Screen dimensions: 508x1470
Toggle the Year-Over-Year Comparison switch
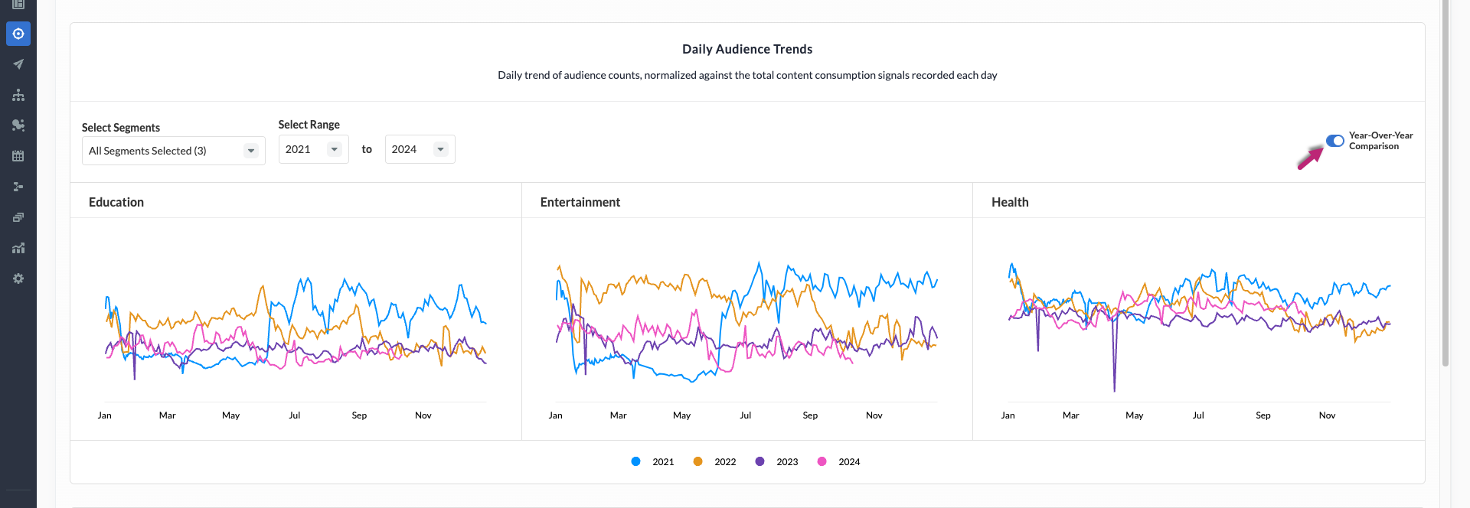(1334, 141)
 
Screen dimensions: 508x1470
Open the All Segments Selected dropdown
(173, 151)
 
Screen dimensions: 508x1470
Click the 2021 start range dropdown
(313, 149)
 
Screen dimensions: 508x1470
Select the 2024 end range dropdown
(420, 149)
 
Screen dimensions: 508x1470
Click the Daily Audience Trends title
(747, 49)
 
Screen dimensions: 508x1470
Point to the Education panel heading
(116, 202)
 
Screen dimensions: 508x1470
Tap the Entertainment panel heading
(580, 202)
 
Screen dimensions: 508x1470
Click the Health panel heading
(1010, 202)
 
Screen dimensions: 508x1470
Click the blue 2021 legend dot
(635, 461)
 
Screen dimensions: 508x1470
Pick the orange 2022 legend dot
(697, 461)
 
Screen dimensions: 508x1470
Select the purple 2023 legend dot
(759, 461)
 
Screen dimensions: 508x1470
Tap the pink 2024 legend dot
(822, 461)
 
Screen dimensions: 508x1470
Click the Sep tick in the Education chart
(359, 415)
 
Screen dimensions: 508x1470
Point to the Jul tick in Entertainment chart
(745, 415)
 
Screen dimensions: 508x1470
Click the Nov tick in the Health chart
(1327, 415)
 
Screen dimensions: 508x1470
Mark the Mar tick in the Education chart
(167, 415)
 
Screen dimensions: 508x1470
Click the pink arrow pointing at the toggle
(1309, 158)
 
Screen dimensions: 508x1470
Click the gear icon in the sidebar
(18, 278)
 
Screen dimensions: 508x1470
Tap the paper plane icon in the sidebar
(18, 64)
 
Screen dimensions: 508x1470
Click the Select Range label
(309, 125)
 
